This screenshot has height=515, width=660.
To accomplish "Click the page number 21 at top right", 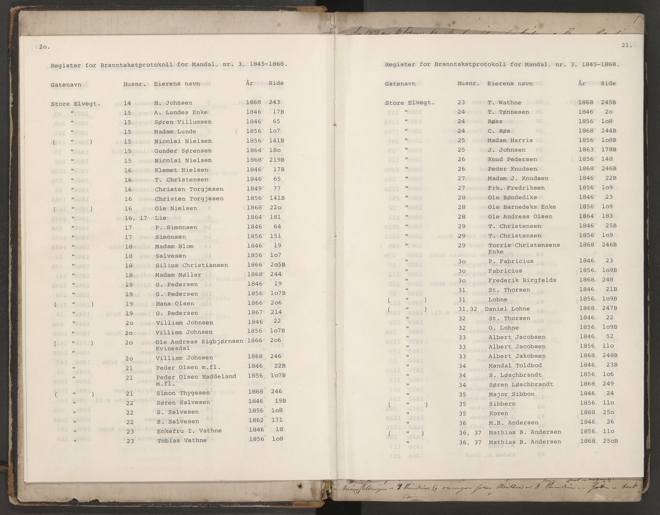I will [627, 45].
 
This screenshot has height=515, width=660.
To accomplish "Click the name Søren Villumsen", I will [183, 122].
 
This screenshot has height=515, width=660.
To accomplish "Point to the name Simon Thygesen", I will [183, 393].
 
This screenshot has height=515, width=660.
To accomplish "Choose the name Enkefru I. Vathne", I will [189, 431].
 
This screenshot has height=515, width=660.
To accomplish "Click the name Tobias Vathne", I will [182, 440].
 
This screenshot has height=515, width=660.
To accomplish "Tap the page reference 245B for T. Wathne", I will [609, 102].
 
